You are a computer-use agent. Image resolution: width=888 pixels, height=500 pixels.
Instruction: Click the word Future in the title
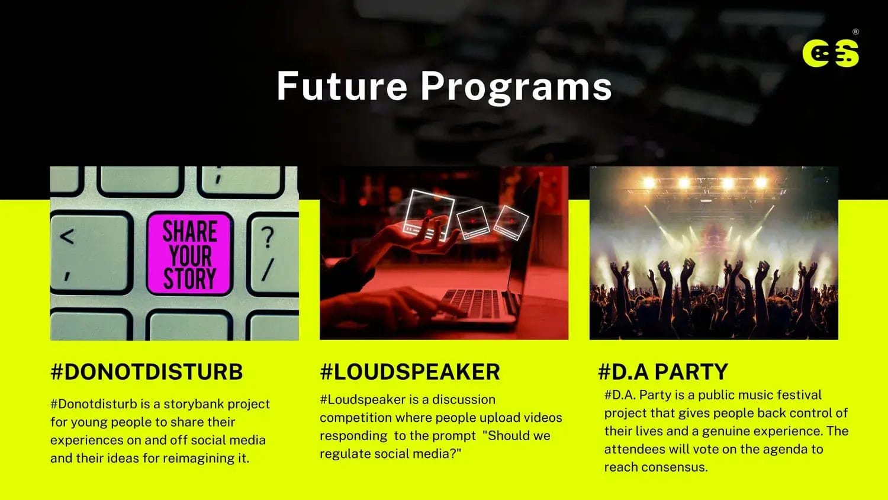click(x=342, y=86)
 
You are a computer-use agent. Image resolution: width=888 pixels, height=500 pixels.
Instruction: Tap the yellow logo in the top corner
click(x=831, y=53)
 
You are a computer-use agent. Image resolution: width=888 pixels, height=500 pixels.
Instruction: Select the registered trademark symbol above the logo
click(x=856, y=32)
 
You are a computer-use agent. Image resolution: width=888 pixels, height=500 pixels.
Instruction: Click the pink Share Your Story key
click(x=189, y=254)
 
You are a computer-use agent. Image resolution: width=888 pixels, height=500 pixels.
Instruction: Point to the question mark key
click(x=273, y=254)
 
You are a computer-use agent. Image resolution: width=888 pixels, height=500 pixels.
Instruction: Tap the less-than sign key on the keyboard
click(x=91, y=253)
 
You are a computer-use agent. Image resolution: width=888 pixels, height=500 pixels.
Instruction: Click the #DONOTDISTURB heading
click(x=147, y=372)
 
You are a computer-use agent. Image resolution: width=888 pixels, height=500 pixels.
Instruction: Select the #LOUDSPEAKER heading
click(x=410, y=372)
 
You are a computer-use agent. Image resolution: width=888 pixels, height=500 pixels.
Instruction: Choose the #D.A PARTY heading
click(x=663, y=372)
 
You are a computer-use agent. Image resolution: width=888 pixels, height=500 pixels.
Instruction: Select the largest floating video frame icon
click(x=429, y=214)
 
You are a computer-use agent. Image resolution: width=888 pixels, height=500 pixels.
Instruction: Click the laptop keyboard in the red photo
click(x=471, y=303)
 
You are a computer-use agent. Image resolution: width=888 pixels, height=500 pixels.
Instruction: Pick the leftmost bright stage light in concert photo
click(x=649, y=183)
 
